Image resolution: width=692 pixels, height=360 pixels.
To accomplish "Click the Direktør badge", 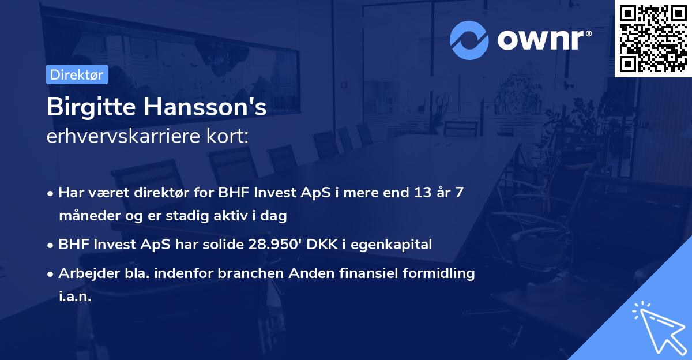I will (x=76, y=74).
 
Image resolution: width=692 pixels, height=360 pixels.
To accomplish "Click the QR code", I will (x=653, y=39).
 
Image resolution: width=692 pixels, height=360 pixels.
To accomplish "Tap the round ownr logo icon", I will (x=469, y=40).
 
